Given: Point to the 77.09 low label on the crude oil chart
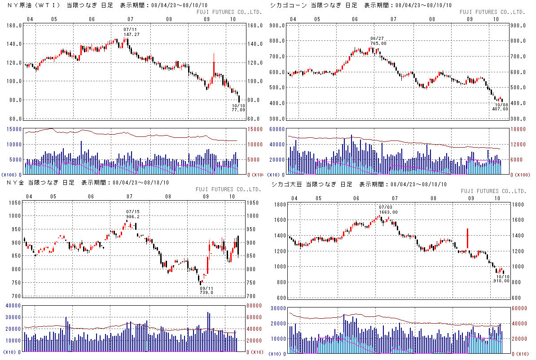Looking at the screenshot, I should point(239,109).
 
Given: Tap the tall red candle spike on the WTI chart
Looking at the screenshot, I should point(214,65).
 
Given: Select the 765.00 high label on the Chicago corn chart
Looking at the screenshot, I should point(378,43).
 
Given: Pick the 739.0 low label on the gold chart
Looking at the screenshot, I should point(206,292).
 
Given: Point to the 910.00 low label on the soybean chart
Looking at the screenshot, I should point(501,281).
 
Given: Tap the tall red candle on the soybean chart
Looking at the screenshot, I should point(468,238).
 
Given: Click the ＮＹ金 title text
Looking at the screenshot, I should point(16,183).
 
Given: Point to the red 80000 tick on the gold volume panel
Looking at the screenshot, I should point(255,306).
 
